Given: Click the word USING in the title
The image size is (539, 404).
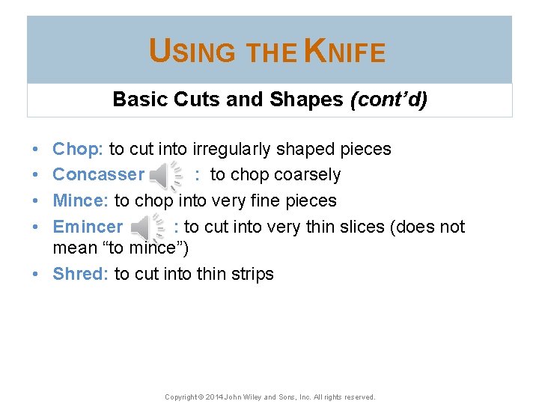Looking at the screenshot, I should pyautogui.click(x=192, y=52).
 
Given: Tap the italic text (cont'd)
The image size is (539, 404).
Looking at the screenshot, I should pyautogui.click(x=389, y=100).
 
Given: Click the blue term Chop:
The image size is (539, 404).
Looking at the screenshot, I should pyautogui.click(x=78, y=149).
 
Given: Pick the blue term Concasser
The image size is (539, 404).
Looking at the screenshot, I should pyautogui.click(x=98, y=174).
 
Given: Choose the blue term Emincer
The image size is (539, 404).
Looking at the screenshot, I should pyautogui.click(x=88, y=227).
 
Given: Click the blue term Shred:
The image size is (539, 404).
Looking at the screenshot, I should pyautogui.click(x=80, y=274).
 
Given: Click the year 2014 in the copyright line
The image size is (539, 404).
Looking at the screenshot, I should pyautogui.click(x=213, y=397).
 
